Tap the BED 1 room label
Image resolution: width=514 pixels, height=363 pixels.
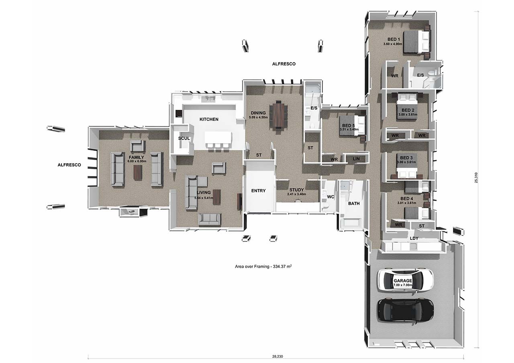(394, 39)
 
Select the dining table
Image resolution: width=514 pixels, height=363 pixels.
(278, 116)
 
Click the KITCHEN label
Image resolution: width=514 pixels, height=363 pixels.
(209, 119)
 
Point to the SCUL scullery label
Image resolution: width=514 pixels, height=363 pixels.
(184, 138)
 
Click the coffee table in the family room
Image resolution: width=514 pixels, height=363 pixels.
(138, 172)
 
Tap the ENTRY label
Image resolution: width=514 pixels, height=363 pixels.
(258, 191)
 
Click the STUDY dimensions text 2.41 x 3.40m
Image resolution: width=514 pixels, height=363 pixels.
(296, 194)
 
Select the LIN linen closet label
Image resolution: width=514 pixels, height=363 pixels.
(356, 159)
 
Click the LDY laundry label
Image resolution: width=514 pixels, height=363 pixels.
(414, 238)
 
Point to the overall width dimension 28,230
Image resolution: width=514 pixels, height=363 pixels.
(277, 356)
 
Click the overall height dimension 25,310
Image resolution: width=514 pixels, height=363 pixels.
(476, 178)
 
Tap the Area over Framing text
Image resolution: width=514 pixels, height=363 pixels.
(263, 266)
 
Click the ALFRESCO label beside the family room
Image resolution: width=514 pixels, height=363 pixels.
(69, 165)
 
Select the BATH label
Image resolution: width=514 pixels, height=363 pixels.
(354, 203)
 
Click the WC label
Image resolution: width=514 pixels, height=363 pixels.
(330, 197)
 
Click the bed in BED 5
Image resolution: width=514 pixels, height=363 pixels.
(352, 125)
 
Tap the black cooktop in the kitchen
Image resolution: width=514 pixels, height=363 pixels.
(179, 114)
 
